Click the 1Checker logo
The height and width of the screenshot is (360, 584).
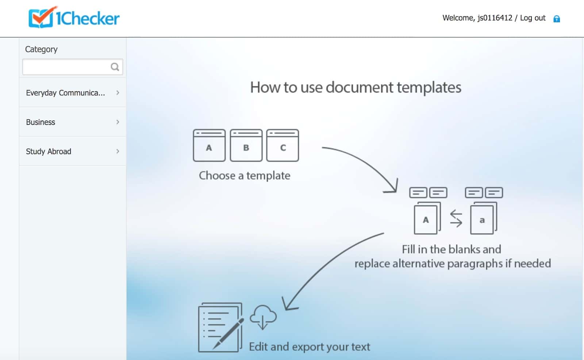(x=74, y=17)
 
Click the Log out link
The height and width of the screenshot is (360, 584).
(x=533, y=18)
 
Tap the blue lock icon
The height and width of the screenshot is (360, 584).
(x=557, y=19)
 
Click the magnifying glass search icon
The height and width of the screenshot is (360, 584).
(x=115, y=67)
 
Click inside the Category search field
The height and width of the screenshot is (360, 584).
(x=66, y=67)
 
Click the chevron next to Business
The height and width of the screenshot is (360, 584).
(x=118, y=122)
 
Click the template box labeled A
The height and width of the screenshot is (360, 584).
(x=209, y=145)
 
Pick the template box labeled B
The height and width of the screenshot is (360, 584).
(x=246, y=145)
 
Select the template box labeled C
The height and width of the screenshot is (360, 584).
(x=283, y=145)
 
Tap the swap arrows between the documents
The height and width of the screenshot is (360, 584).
(x=456, y=218)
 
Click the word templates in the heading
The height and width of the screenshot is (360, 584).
(x=429, y=87)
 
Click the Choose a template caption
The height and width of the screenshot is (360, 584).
(x=245, y=176)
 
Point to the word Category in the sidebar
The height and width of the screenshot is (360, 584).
(x=41, y=49)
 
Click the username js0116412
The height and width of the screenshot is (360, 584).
(x=495, y=18)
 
